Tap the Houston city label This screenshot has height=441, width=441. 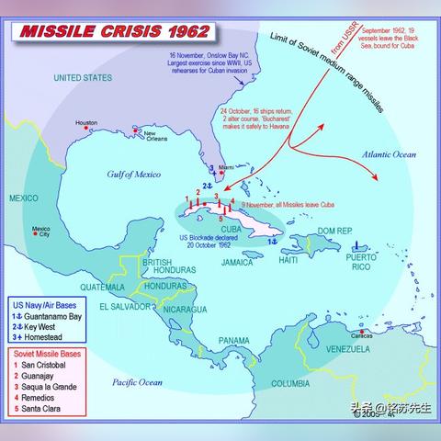[86, 122]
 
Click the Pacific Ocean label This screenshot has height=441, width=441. [137, 381]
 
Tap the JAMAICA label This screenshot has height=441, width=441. [238, 262]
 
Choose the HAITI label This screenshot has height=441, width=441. [288, 260]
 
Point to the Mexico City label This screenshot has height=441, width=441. [40, 232]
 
